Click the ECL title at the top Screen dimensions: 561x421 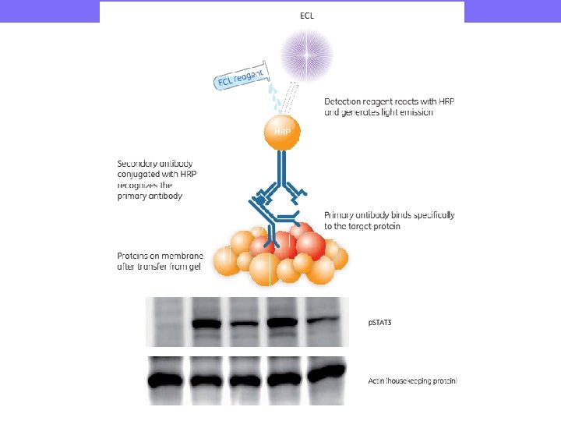pos(308,14)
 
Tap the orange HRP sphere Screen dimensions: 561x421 pos(282,132)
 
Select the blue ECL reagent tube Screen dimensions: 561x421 pos(241,77)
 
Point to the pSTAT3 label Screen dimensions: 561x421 pos(380,322)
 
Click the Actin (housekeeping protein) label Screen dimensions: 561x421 pos(412,380)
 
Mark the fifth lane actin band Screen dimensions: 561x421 pos(326,374)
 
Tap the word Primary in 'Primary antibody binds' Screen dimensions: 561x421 pos(340,214)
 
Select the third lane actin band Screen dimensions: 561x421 pos(247,380)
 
